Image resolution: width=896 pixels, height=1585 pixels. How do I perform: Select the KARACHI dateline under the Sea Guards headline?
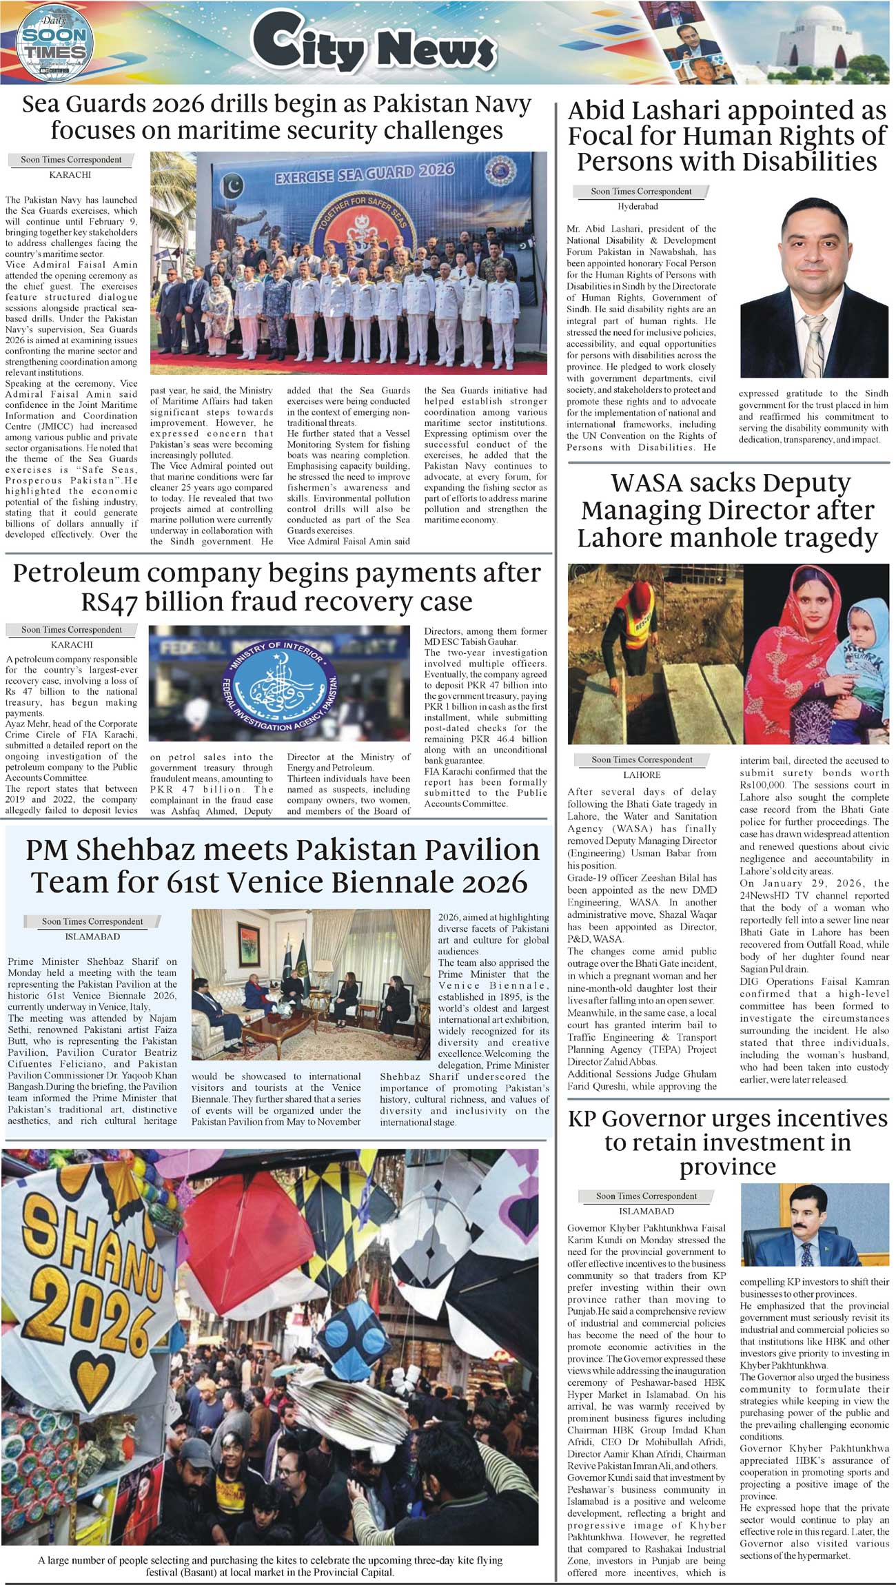(70, 175)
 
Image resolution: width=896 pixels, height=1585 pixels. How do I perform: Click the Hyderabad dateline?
(637, 206)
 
